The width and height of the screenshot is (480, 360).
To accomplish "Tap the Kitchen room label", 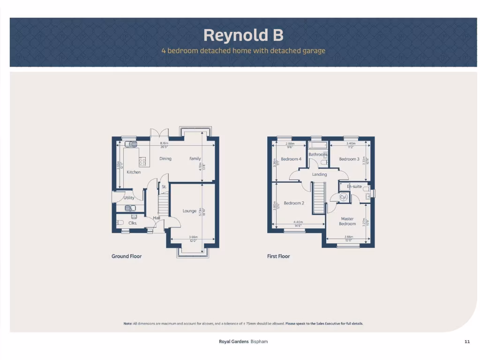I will pos(134,172).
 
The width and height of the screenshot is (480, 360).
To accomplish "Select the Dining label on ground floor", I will pos(165,158).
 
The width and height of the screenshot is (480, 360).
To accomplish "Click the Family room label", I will pos(195,158).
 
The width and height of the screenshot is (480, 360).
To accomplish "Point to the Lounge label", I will pos(189,211).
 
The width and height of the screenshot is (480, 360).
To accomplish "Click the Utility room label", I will pos(129,198).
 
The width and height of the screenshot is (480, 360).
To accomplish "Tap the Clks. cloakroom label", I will pos(133,223).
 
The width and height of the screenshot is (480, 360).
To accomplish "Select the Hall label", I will pos(157,218).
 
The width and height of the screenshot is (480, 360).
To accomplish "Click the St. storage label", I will pos(164,187).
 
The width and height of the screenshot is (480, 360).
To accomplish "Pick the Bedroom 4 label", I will pos(291,159).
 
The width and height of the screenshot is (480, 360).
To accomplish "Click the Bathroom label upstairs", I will pos(317,154).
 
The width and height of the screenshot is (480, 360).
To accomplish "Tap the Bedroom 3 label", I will pos(349,159).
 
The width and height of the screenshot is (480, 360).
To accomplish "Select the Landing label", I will pos(319,174).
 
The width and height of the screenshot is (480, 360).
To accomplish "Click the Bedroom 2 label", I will pos(294,203).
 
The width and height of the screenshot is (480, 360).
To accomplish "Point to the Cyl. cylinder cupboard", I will pos(344,197).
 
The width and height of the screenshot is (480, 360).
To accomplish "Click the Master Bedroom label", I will pos(347,221).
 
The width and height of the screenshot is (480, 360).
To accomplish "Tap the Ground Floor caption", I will pos(127,256).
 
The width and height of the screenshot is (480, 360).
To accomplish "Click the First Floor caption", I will pos(278,256).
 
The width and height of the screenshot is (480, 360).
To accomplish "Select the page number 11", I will pos(467,342).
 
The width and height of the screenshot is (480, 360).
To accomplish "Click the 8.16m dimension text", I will pos(164,143).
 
